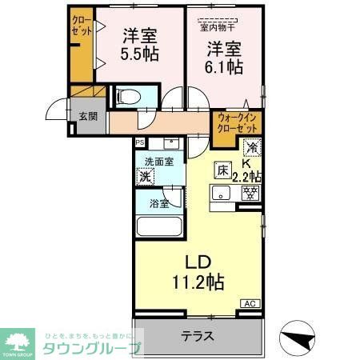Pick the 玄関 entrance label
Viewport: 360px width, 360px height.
pos(88,115)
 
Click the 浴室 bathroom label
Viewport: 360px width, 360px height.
pos(159,204)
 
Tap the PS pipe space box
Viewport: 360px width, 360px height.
pos(140,143)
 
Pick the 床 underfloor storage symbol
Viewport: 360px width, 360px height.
pos(223,170)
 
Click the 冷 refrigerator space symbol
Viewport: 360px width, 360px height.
pos(251,147)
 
